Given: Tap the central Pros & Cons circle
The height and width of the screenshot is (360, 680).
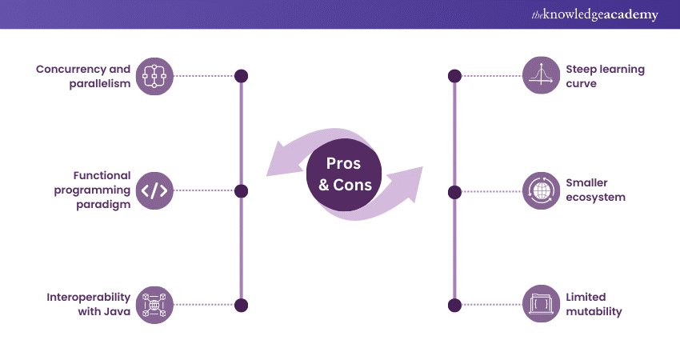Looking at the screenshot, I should point(344,173).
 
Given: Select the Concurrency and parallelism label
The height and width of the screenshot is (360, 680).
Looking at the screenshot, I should point(83,76).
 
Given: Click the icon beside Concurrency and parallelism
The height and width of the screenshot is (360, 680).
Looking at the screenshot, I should point(155,76).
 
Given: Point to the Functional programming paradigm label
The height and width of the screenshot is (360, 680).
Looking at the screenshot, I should point(90,190).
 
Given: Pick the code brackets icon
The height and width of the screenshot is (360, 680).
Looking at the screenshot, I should point(155,190).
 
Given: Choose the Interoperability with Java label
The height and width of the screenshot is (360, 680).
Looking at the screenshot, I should point(88,305).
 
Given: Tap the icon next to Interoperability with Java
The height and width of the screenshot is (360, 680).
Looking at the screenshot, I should point(155,305).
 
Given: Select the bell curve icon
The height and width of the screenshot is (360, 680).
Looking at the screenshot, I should point(541,76).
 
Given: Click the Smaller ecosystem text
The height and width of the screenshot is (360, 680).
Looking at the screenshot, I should point(595,190).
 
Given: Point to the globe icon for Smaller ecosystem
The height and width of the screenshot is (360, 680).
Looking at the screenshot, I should point(541,190).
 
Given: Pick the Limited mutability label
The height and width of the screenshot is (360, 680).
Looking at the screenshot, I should point(594,305).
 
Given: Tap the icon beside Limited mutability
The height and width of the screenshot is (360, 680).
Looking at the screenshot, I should point(541,305).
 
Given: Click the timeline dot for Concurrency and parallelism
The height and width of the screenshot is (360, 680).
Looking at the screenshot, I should point(241,76).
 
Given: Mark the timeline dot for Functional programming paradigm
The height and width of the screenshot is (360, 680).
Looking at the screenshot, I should point(241,190).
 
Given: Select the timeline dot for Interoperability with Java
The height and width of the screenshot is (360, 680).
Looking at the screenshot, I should point(241,305).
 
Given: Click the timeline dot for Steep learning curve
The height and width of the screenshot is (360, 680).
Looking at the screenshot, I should point(454,76).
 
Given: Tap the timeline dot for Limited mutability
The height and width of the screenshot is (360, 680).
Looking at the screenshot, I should point(454,305).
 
